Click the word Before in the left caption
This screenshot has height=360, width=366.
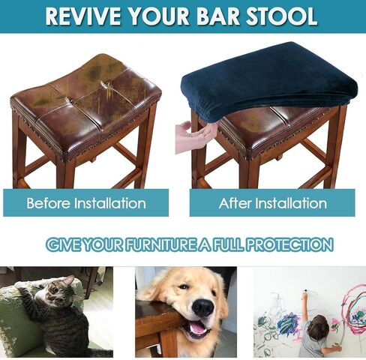tap(49, 202)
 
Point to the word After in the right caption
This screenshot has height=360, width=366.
tap(235, 202)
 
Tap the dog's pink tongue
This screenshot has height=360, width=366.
tap(198, 328)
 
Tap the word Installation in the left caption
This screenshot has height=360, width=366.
tap(110, 202)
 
